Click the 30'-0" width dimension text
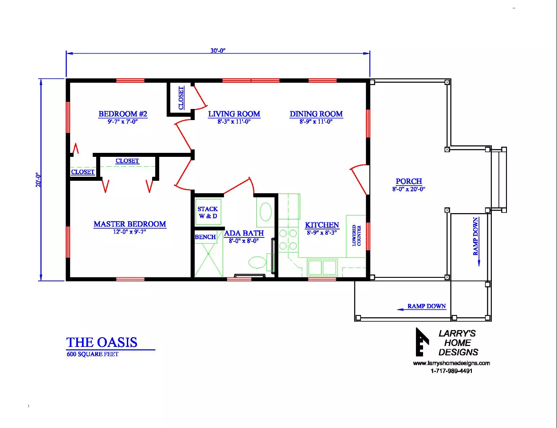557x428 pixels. pos(218,51)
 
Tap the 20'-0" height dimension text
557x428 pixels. pos(38,180)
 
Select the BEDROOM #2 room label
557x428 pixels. pos(123,114)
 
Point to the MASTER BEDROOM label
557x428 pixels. pos(129,224)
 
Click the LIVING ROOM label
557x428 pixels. pos(234,114)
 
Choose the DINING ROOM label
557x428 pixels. pos(316,114)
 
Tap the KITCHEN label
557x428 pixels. pos(322,225)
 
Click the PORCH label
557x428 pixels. pos(408,181)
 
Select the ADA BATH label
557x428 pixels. pos(244,233)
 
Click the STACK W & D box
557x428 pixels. pos(208,212)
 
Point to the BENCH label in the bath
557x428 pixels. pos(205,237)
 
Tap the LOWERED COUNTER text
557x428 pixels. pos(357,236)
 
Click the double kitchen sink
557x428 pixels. pos(322,267)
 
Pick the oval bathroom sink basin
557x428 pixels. pos(266,212)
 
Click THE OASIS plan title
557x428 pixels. pos(102,342)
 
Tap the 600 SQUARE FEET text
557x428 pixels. pos(93,354)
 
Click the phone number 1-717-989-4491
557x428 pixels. pos(451,371)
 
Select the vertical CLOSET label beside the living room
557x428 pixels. pos(181,98)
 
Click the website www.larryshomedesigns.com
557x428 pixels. pos(451,363)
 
